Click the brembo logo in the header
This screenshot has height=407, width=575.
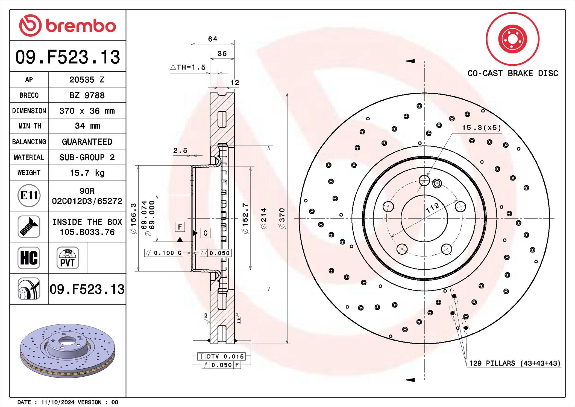pyautogui.click(x=68, y=25)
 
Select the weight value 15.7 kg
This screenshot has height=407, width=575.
pyautogui.click(x=87, y=173)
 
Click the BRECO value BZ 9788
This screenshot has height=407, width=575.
pyautogui.click(x=87, y=95)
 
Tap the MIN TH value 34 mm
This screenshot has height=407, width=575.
pyautogui.click(x=87, y=126)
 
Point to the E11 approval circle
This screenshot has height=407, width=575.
pyautogui.click(x=29, y=196)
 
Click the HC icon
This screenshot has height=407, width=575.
pyautogui.click(x=29, y=258)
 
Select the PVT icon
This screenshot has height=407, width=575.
pyautogui.click(x=68, y=258)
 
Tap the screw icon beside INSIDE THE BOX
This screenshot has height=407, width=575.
pyautogui.click(x=29, y=226)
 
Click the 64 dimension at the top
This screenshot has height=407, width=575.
pyautogui.click(x=213, y=39)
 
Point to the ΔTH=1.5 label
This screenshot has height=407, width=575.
pyautogui.click(x=188, y=67)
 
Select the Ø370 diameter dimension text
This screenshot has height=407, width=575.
pyautogui.click(x=282, y=218)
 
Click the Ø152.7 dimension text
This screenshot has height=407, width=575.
pyautogui.click(x=245, y=218)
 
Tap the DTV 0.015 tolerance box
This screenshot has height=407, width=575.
pyautogui.click(x=221, y=356)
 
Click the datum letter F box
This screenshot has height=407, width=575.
pyautogui.click(x=180, y=227)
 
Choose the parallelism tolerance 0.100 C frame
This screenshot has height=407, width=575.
pyautogui.click(x=164, y=253)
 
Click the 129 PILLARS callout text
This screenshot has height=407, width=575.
pyautogui.click(x=515, y=363)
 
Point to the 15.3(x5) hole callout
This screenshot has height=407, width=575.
pyautogui.click(x=481, y=128)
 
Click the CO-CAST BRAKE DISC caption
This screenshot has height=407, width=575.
pyautogui.click(x=512, y=73)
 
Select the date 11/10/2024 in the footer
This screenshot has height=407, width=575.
pyautogui.click(x=58, y=402)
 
